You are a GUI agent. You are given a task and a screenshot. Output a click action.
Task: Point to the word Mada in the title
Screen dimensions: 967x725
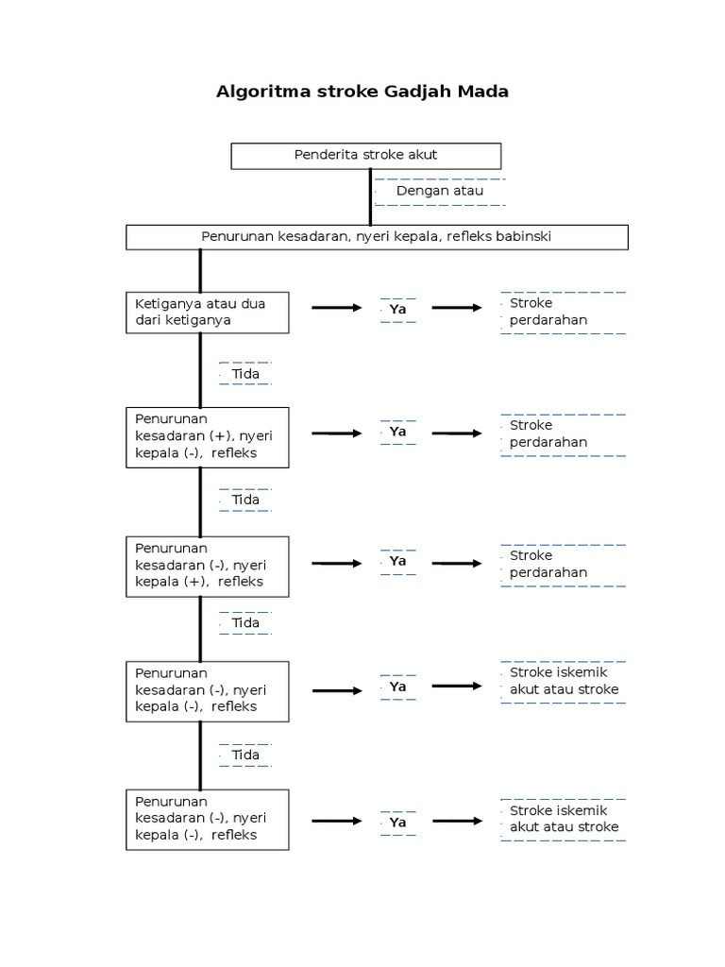[x=484, y=93]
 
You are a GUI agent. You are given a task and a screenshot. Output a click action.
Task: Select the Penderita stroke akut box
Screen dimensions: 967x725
[x=365, y=155]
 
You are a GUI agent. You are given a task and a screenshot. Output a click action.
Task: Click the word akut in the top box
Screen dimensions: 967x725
[x=421, y=155]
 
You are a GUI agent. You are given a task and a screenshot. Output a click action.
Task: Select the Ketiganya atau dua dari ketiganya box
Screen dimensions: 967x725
[x=207, y=313]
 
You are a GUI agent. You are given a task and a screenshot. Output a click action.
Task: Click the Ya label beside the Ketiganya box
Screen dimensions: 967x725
[x=397, y=309]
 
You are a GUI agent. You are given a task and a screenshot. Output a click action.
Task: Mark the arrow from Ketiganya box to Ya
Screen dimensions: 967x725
[x=337, y=308]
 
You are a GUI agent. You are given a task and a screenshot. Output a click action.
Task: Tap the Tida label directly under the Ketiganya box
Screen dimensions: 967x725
[x=245, y=374]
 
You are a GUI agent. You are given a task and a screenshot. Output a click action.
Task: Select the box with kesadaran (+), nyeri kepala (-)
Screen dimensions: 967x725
[x=207, y=436]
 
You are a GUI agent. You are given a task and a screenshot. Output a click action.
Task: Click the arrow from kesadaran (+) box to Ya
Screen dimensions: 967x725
[x=337, y=433]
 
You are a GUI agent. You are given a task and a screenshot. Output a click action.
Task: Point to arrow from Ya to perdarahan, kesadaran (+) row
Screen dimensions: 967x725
[x=457, y=433]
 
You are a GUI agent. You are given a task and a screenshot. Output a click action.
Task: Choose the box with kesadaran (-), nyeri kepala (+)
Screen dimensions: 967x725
[x=207, y=566]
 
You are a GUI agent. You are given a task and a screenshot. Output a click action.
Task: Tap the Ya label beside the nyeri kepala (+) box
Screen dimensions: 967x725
[x=397, y=561]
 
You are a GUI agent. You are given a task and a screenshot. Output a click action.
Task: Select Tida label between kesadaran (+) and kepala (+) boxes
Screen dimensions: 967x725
[x=245, y=500]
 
